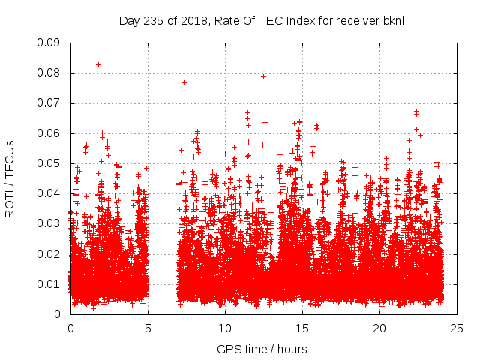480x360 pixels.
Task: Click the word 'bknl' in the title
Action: (393, 20)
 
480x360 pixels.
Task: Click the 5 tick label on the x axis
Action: (148, 328)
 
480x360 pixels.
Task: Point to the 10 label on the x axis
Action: (225, 328)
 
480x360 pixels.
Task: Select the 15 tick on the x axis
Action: (302, 328)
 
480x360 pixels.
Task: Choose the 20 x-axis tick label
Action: (379, 328)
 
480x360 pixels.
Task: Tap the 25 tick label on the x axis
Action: (457, 328)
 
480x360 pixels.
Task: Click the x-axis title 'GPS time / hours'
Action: (262, 349)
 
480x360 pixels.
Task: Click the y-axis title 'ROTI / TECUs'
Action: (10, 178)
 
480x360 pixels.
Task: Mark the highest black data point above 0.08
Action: (98, 64)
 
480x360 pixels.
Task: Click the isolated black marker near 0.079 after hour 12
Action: (263, 76)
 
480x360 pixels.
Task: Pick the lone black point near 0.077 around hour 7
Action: (184, 82)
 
